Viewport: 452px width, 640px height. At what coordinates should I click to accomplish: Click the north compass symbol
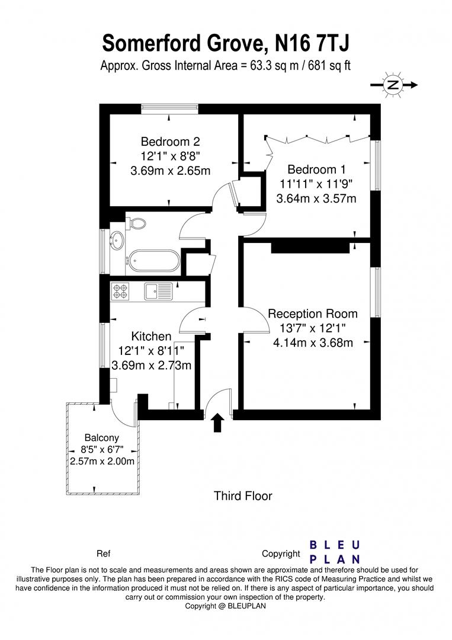[x=393, y=85]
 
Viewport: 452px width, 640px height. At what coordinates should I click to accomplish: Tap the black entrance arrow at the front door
[x=217, y=422]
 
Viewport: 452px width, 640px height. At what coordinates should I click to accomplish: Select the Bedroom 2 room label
[x=170, y=142]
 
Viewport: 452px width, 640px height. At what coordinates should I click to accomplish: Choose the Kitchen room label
[x=151, y=337]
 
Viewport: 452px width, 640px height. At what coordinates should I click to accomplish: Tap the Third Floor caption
[x=243, y=496]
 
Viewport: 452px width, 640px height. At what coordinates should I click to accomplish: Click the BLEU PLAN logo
[x=335, y=552]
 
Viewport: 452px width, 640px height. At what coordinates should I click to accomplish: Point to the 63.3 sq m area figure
[x=267, y=65]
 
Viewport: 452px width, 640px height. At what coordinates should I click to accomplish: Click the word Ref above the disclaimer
[x=103, y=554]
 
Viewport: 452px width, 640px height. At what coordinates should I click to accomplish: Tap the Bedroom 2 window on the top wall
[x=169, y=108]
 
